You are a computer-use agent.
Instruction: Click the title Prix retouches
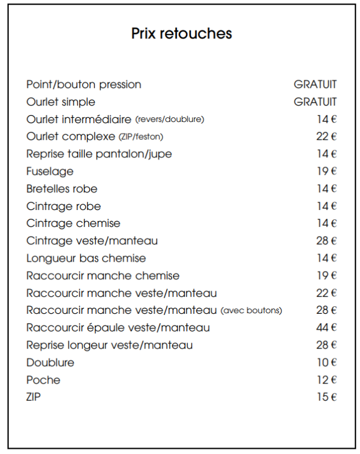pos(182,33)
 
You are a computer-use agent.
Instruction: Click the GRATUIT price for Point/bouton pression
pos(315,84)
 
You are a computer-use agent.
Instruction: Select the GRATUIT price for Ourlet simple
pos(315,102)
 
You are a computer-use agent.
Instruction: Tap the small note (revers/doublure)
pos(169,120)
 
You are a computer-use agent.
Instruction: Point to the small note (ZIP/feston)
pos(141,137)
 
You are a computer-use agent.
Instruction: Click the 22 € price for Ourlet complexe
pos(327,137)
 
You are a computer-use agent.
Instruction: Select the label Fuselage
pos(50,171)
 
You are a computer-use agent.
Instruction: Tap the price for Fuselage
pos(327,171)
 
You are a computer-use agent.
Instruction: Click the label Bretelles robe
pos(62,189)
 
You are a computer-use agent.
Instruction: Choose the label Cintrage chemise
pos(73,223)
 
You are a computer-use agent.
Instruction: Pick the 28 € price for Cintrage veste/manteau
pos(327,241)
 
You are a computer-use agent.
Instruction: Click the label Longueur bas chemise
pos(86,258)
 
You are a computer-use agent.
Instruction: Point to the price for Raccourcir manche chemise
pos(327,276)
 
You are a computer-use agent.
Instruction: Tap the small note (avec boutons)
pos(251,310)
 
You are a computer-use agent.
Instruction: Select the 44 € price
pos(327,328)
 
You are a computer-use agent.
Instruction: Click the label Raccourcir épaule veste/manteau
pos(118,328)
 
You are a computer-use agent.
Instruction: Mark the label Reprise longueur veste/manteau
pos(110,345)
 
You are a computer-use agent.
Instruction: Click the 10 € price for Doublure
pos(327,362)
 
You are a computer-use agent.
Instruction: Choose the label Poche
pos(43,380)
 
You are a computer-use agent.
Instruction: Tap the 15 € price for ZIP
pos(327,397)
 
